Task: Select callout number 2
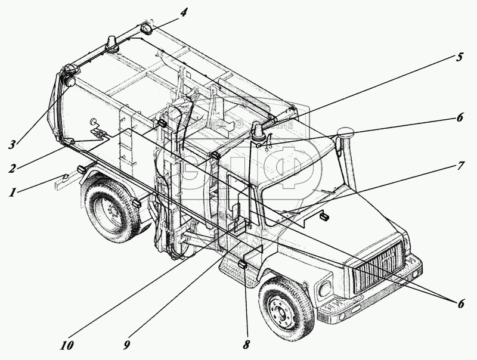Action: pos(12,168)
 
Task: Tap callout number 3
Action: pos(11,144)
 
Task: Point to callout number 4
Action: pos(184,12)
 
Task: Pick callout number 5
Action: pos(459,58)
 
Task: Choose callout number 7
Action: pos(459,166)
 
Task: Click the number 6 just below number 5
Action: pos(459,117)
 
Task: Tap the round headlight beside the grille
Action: pos(326,289)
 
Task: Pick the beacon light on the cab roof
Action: pos(258,132)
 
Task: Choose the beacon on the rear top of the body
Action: pos(111,43)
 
